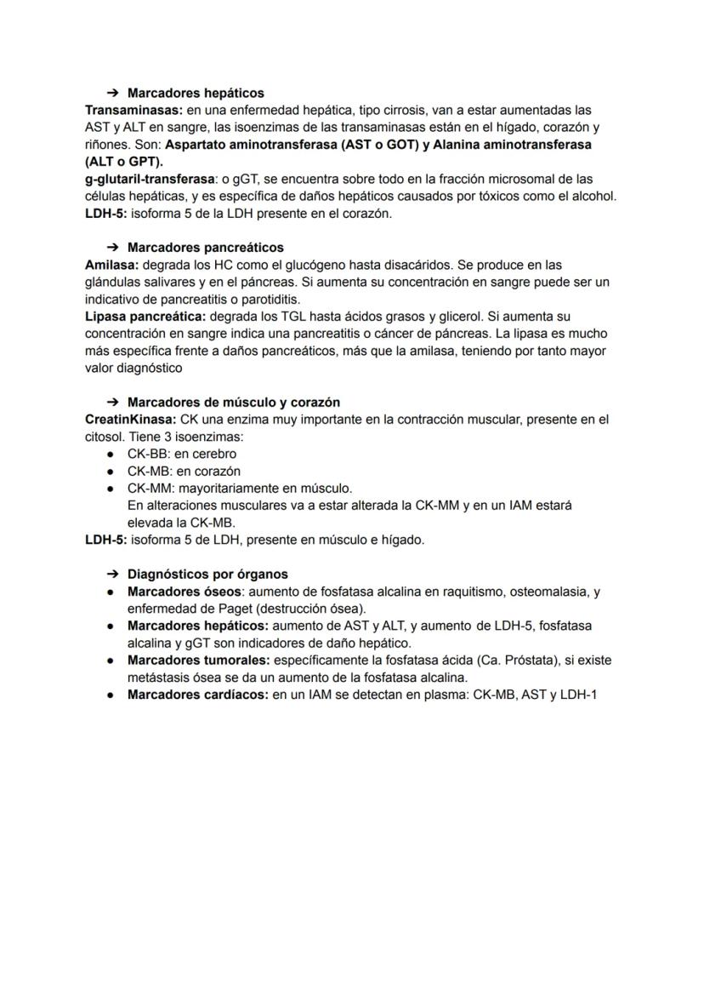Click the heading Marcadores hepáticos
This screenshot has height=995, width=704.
click(x=196, y=93)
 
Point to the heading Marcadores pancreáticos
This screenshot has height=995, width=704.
click(x=205, y=248)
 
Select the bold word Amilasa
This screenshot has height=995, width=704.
click(x=111, y=265)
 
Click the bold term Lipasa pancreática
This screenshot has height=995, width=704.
click(x=139, y=317)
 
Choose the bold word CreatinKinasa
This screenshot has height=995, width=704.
click(x=130, y=420)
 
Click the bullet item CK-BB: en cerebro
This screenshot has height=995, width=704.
click(x=181, y=454)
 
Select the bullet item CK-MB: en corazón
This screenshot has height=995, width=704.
click(x=184, y=471)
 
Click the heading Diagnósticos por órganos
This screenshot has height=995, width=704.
click(x=207, y=574)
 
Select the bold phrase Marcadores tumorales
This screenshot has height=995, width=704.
click(x=198, y=660)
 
